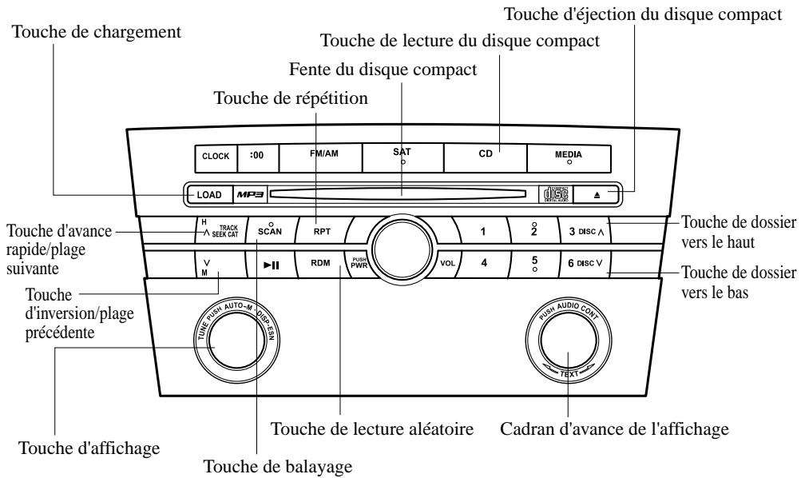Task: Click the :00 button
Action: [257, 157]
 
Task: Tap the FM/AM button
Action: [319, 157]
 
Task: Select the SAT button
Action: [402, 157]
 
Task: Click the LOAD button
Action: [209, 193]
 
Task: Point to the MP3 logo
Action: [248, 193]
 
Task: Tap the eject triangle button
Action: [597, 193]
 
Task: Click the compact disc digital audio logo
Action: [551, 193]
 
